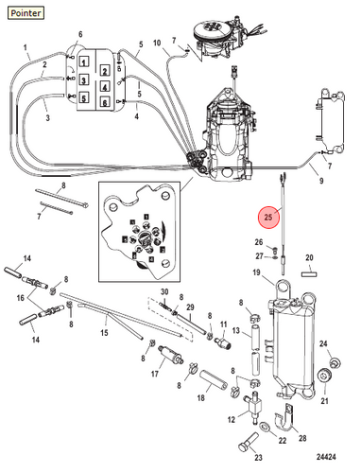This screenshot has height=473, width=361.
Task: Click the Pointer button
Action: pos(26,13)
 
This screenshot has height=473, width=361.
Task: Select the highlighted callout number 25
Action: pos(268,217)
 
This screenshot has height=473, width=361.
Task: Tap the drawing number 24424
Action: pos(326,457)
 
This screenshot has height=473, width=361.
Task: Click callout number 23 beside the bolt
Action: pos(258,457)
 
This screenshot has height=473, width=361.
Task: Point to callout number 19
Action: pos(256,272)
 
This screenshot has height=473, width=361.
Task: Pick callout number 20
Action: pos(309,257)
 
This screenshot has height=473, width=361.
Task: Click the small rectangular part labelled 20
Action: pos(309,274)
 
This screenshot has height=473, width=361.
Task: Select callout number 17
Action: pos(155,374)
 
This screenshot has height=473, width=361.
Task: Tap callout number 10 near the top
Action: pos(157,43)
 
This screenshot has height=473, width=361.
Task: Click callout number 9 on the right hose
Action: pos(321,181)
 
